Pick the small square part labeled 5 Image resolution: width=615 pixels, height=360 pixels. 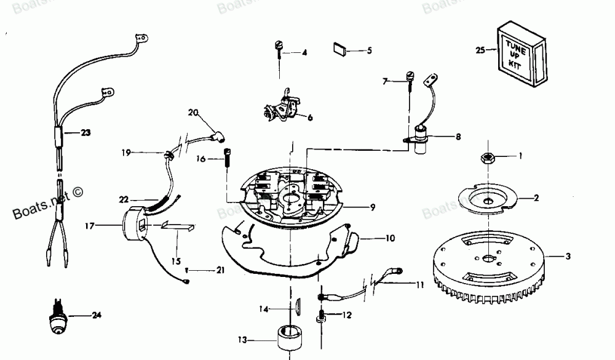coord(341,49)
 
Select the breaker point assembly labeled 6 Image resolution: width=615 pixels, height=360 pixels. coord(279,108)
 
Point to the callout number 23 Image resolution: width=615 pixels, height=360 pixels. coord(85,131)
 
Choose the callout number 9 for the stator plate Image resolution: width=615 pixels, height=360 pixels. coord(373,207)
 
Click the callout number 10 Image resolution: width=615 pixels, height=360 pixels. coord(390,238)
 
